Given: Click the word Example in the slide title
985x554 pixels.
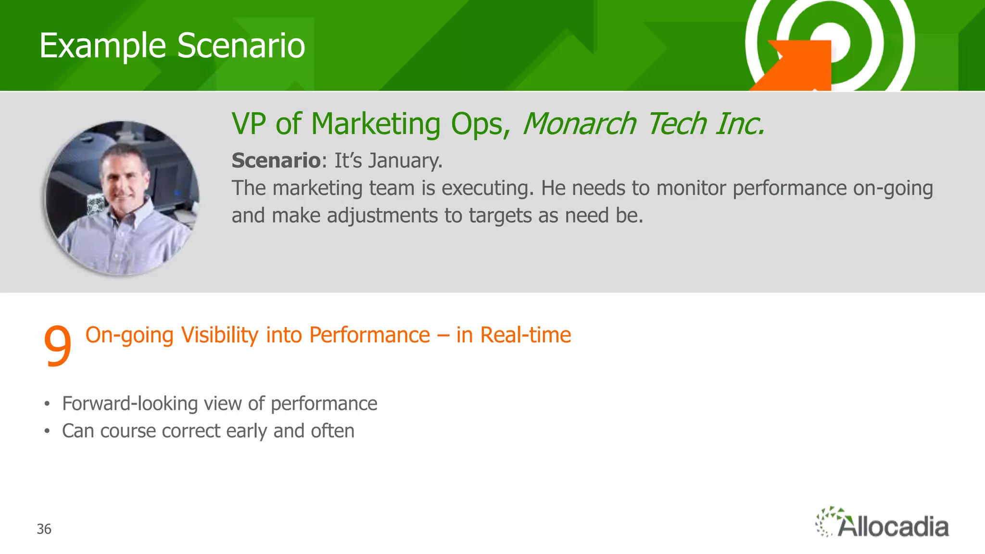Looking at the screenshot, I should click(102, 46).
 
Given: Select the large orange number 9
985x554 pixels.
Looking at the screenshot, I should click(57, 345).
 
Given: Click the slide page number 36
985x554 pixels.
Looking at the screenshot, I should click(44, 529).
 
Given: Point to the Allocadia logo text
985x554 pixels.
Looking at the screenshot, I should click(893, 527).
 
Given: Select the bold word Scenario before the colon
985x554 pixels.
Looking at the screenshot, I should click(276, 161).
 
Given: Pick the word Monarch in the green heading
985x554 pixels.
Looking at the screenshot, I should click(579, 124).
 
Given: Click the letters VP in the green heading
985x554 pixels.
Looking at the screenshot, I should click(249, 124).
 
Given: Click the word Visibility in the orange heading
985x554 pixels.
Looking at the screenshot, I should click(220, 335).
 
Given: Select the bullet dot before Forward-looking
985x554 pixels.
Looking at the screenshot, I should click(47, 404).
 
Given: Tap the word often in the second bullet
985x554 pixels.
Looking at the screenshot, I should click(332, 431).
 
